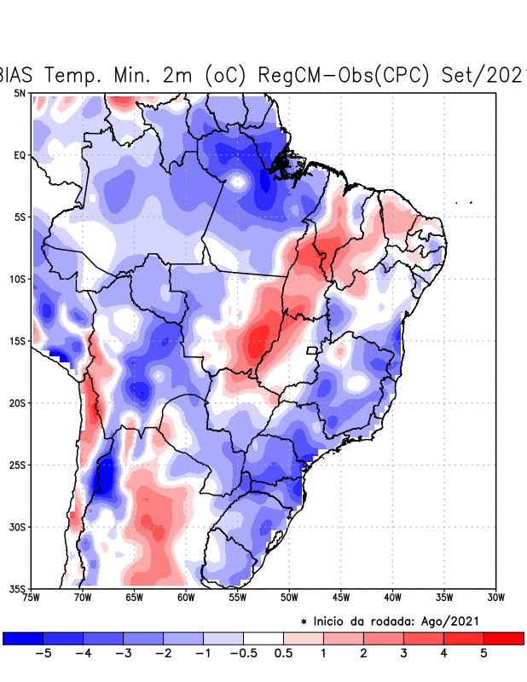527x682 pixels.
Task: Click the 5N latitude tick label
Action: [19, 93]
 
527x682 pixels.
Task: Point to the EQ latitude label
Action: [19, 155]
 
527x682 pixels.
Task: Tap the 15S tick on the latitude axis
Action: [17, 341]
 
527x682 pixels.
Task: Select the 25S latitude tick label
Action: [17, 465]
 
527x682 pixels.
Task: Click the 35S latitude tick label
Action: [17, 588]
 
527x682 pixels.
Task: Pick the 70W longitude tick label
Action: [82, 597]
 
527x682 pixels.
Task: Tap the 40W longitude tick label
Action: [392, 597]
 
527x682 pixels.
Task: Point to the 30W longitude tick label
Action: [495, 597]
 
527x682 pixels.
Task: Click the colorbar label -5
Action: [43, 654]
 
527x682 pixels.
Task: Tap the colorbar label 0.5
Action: [284, 654]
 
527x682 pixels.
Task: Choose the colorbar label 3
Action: [403, 654]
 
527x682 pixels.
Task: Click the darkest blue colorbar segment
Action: [23, 638]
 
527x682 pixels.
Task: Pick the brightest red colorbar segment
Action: [503, 638]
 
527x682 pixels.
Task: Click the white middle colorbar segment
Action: [263, 638]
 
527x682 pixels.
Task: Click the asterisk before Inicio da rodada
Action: [304, 622]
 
